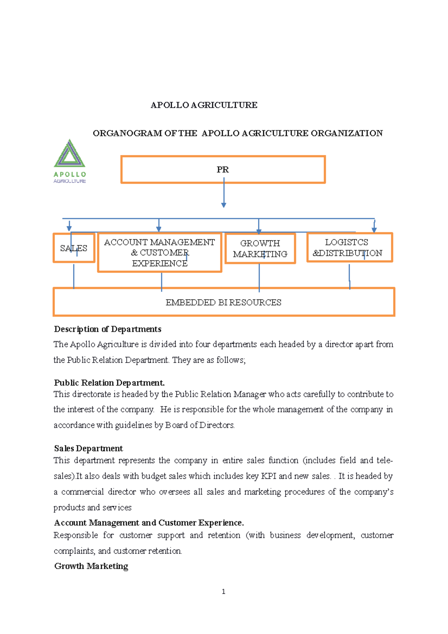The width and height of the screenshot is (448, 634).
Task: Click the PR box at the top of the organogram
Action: [x=223, y=170]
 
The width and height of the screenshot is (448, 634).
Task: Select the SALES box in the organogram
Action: [x=74, y=248]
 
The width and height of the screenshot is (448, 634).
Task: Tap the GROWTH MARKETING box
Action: [x=260, y=249]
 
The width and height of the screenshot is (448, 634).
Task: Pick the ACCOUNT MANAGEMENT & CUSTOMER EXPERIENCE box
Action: [x=159, y=253]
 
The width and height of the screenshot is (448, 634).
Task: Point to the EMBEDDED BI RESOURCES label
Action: [x=223, y=302]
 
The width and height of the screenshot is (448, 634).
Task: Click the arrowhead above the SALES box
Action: [x=69, y=228]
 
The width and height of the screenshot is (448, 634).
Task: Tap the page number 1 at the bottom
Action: [x=223, y=591]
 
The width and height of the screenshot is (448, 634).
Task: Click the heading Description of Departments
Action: [x=108, y=329]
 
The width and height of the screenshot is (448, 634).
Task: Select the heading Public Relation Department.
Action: [x=109, y=383]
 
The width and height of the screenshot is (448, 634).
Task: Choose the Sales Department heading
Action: [x=88, y=448]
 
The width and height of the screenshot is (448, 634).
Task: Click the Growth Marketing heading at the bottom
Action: [x=91, y=566]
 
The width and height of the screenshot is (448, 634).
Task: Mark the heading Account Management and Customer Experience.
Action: [x=149, y=522]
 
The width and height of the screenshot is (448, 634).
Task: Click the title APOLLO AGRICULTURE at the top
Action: [x=204, y=105]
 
